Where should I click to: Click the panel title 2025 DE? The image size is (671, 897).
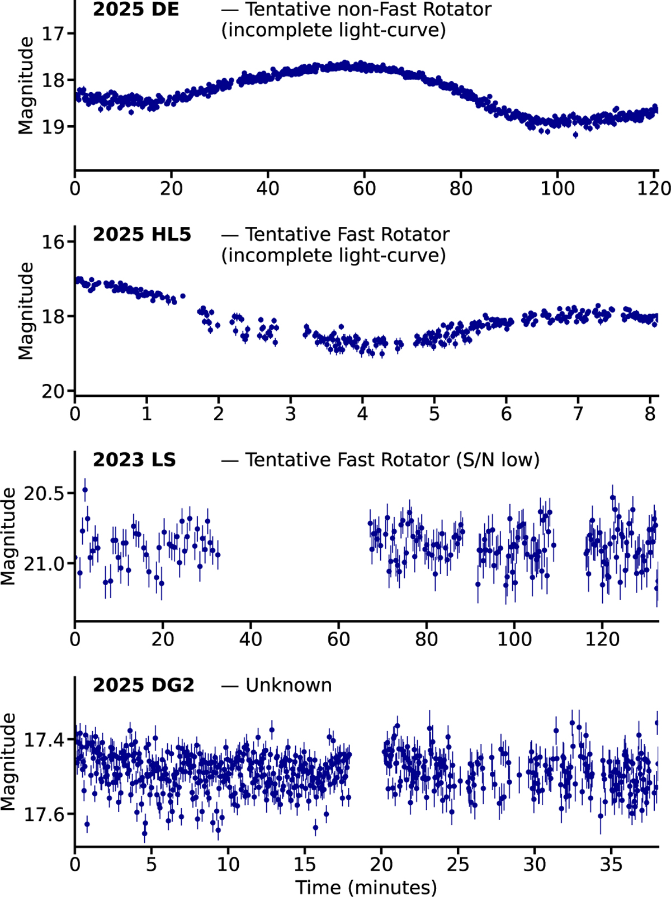[x=136, y=10]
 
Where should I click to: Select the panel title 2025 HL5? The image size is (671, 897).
[x=142, y=235]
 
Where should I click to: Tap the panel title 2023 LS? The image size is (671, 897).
[x=134, y=460]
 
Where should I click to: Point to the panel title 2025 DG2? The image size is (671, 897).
[x=143, y=685]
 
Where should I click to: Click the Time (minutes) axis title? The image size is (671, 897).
[x=366, y=887]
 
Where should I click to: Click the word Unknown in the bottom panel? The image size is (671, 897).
[x=289, y=685]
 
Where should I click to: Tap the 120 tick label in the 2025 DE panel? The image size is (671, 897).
[x=654, y=188]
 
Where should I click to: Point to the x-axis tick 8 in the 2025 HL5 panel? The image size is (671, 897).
[x=650, y=414]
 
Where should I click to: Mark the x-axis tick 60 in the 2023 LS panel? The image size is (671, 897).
[x=338, y=639]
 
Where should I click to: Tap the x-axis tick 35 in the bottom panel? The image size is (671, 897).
[x=611, y=865]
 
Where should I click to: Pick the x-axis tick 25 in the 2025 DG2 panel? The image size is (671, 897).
[x=457, y=865]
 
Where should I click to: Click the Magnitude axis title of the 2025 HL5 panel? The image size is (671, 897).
[x=26, y=311]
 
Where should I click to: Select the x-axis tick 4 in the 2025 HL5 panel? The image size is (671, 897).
[x=362, y=414]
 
